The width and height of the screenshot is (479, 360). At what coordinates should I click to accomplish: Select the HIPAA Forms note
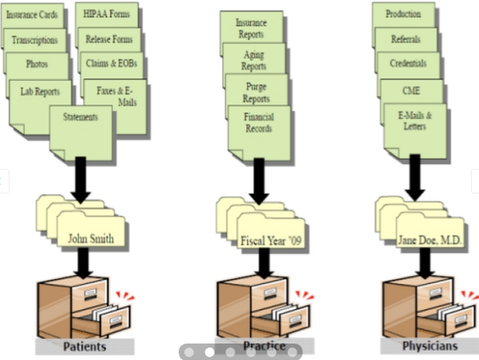[x=107, y=15]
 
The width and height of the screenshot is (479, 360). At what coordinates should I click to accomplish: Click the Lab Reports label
[x=40, y=91]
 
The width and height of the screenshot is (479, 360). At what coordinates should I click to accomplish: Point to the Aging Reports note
[x=253, y=60]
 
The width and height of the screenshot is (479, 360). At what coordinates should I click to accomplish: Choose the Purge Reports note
[x=256, y=92]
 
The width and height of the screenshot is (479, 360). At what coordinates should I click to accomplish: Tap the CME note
[x=411, y=90]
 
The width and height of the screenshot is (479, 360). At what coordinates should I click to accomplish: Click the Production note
[x=403, y=14]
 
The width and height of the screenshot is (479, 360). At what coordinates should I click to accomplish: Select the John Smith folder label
[x=91, y=238]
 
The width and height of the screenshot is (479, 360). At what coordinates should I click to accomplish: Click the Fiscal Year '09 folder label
[x=272, y=240]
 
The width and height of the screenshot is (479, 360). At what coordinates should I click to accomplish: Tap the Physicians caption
[x=430, y=346]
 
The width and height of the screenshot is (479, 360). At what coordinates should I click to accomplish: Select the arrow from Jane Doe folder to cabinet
[x=421, y=263]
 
